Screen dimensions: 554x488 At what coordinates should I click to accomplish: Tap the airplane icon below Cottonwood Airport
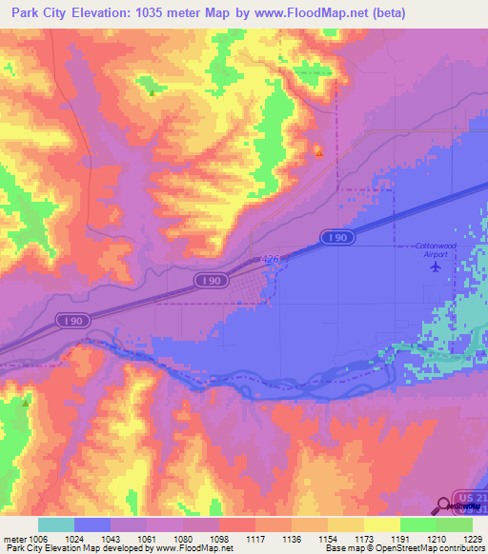coord(437,266)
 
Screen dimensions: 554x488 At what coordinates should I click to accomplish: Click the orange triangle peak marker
coord(319,151)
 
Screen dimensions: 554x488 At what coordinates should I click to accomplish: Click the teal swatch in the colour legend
coord(56,524)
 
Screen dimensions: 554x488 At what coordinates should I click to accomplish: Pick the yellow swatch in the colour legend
coord(381,524)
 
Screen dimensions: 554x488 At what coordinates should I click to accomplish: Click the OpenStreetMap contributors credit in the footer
coord(422,548)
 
